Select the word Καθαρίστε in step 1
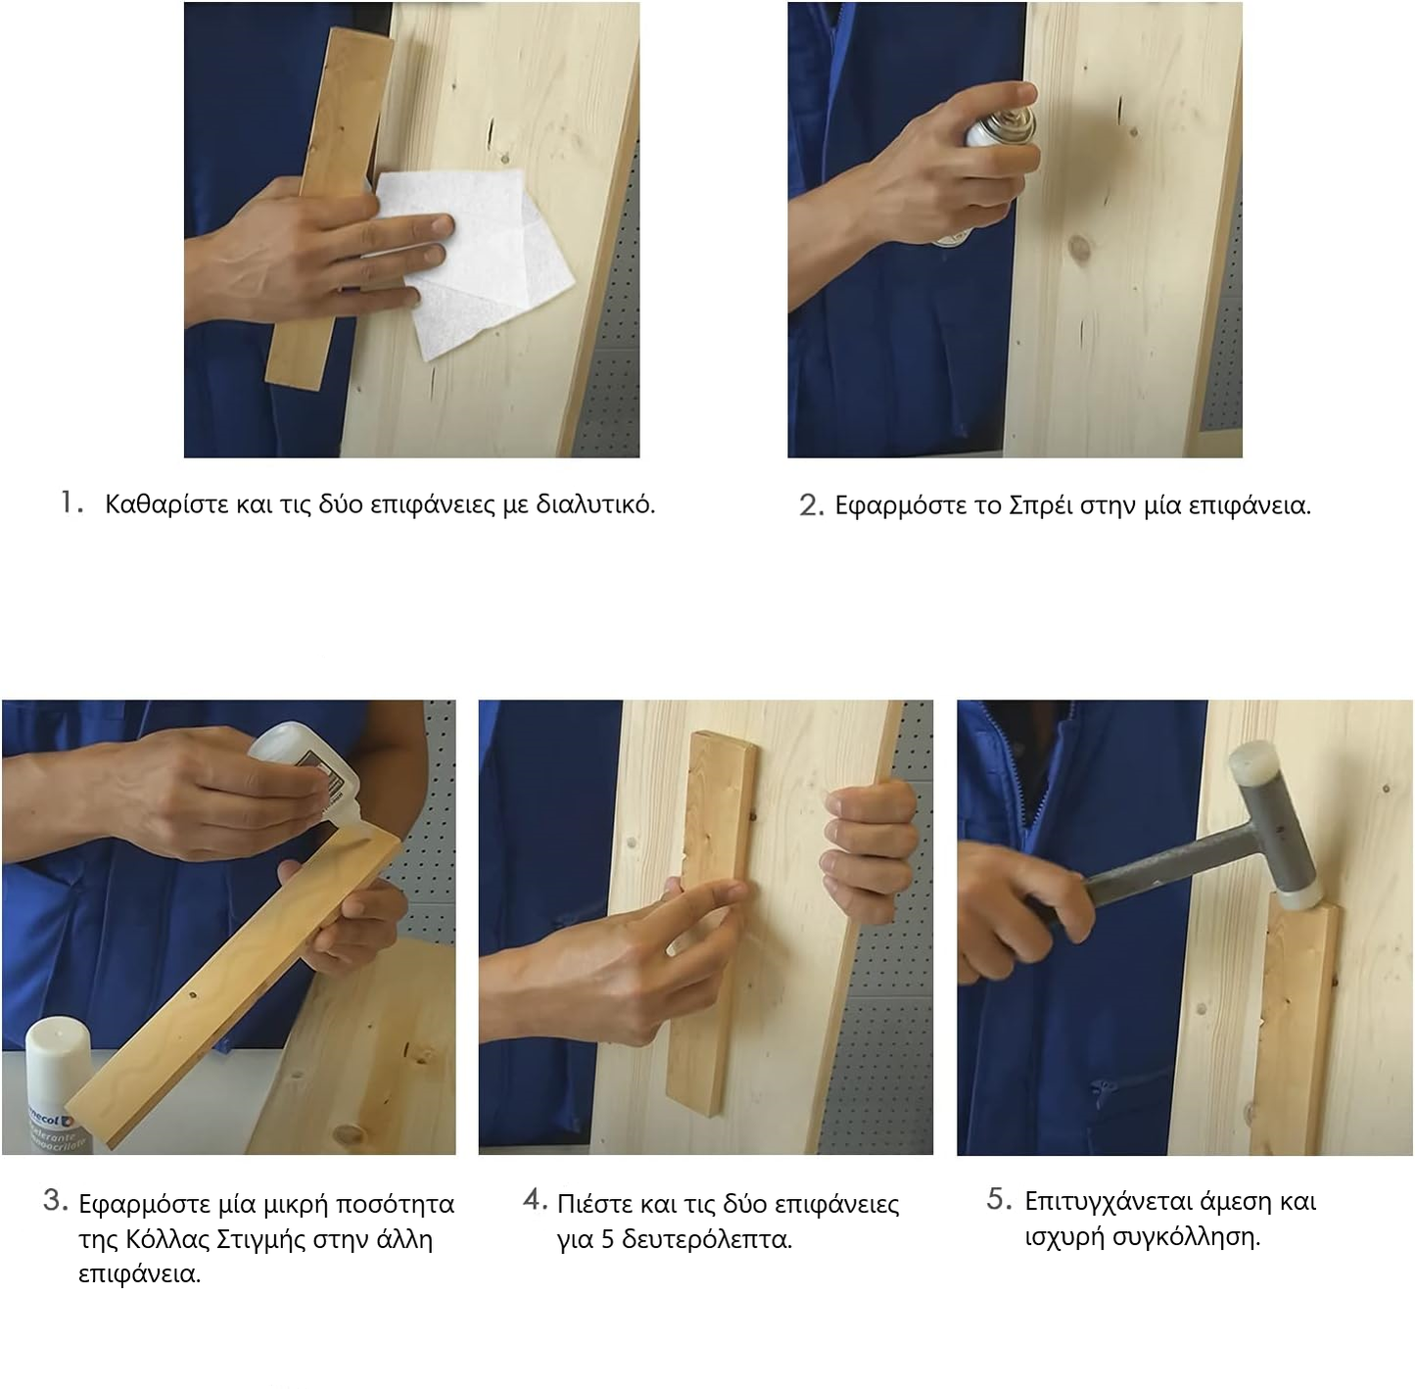click(x=166, y=504)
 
